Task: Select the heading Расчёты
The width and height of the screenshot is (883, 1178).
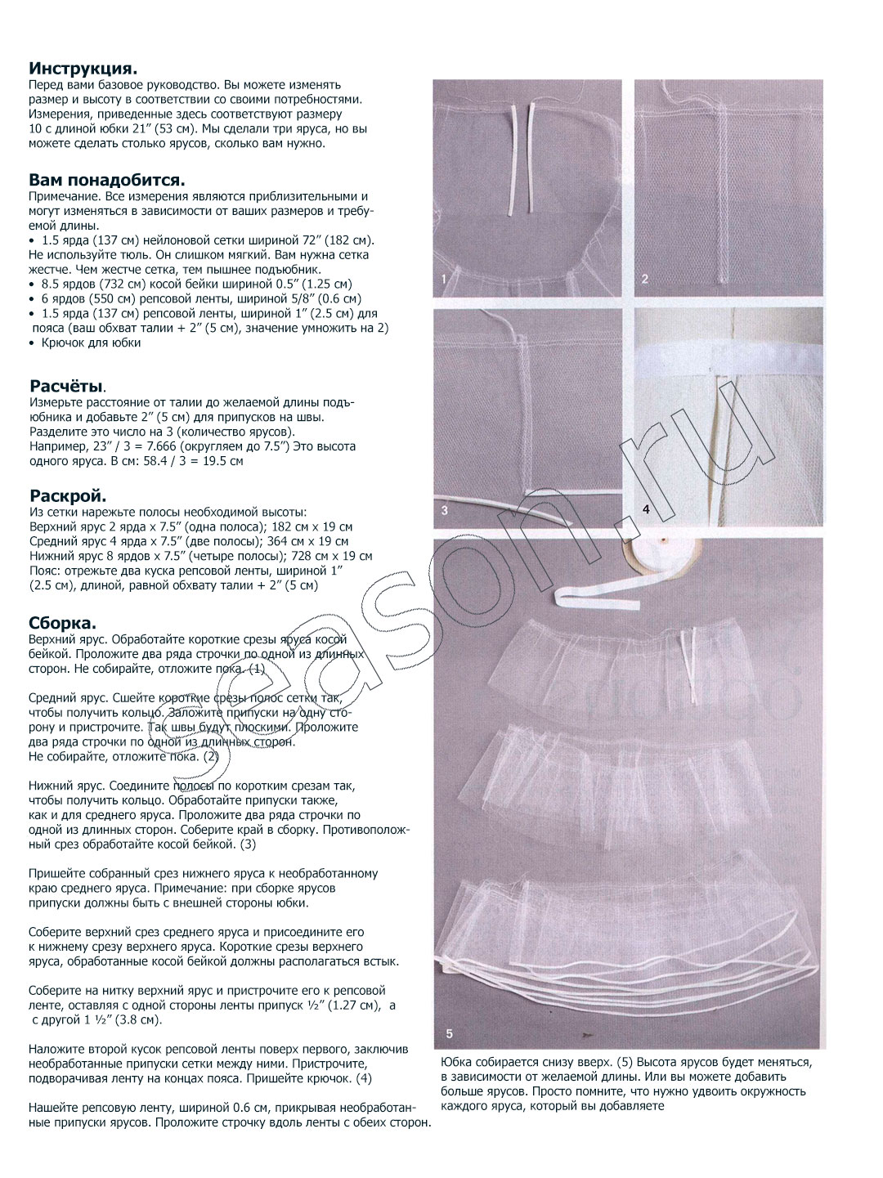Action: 67,386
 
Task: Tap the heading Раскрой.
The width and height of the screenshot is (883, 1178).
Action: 68,496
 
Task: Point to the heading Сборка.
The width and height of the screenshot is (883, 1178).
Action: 62,624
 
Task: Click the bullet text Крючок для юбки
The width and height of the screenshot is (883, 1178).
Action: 91,343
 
